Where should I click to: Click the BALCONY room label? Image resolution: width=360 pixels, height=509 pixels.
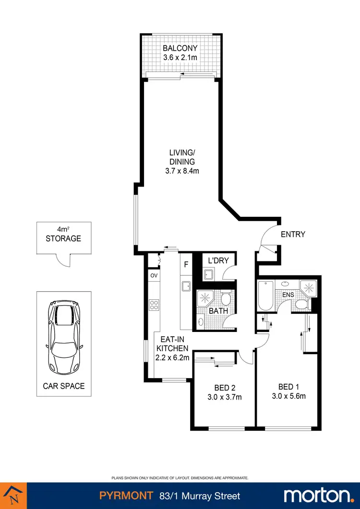pyautogui.click(x=180, y=48)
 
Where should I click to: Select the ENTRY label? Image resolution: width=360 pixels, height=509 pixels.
pyautogui.click(x=293, y=235)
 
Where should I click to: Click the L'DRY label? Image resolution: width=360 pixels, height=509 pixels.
pyautogui.click(x=218, y=260)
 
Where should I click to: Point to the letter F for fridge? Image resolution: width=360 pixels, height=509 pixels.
pyautogui.click(x=186, y=264)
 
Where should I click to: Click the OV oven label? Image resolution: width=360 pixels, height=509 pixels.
pyautogui.click(x=154, y=275)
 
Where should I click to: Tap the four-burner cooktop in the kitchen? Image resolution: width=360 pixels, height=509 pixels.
pyautogui.click(x=155, y=305)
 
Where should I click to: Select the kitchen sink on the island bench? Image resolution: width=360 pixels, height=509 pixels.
pyautogui.click(x=186, y=286)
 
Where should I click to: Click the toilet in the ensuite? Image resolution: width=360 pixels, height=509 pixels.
pyautogui.click(x=301, y=303)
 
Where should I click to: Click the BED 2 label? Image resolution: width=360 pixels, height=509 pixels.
pyautogui.click(x=224, y=388)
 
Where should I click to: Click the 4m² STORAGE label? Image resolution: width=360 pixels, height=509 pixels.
pyautogui.click(x=63, y=234)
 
